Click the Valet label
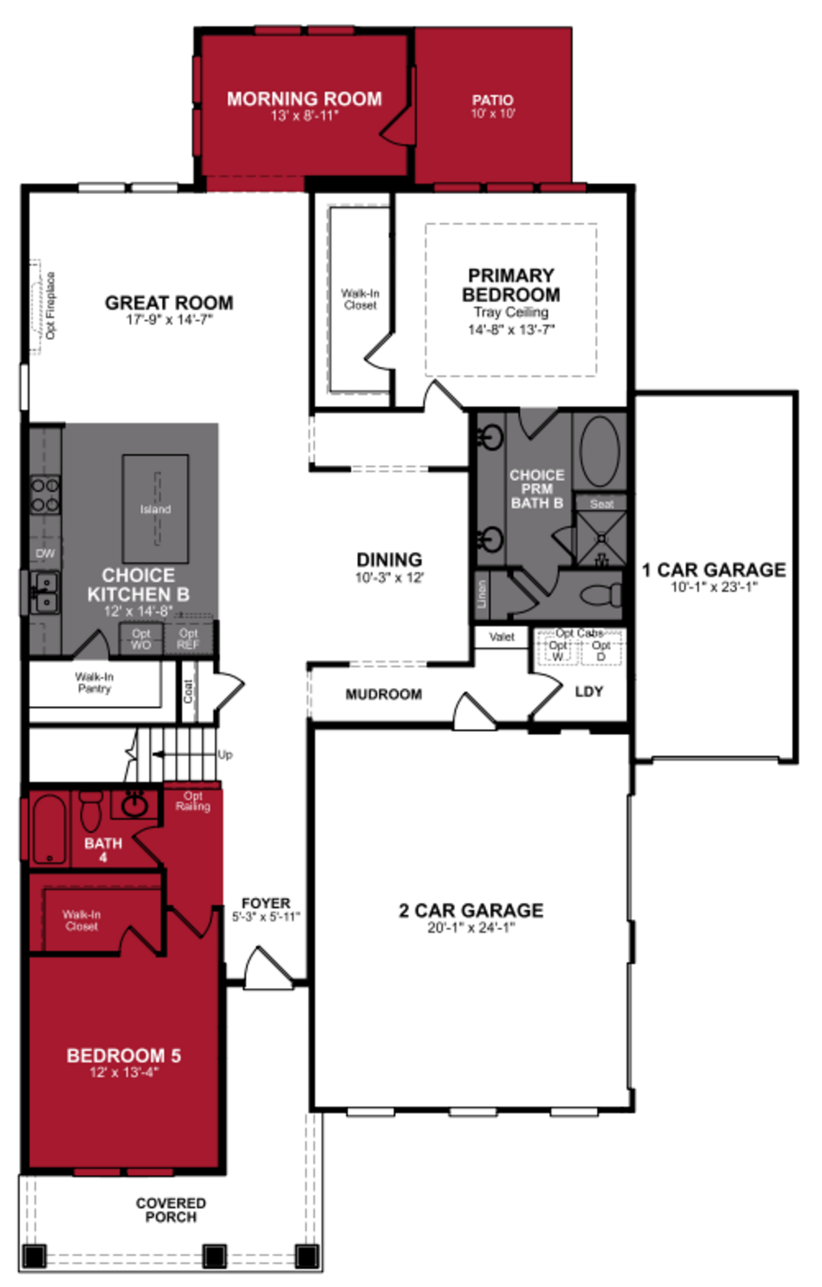(502, 637)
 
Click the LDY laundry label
(589, 692)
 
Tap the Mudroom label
(383, 694)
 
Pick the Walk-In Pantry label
(94, 682)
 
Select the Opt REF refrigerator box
(188, 639)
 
